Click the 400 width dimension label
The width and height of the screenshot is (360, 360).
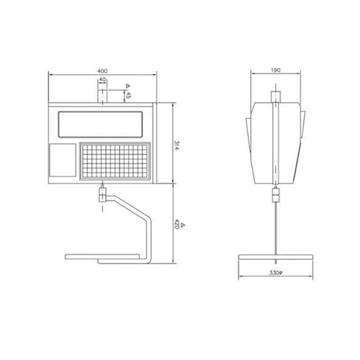pyautogui.click(x=102, y=71)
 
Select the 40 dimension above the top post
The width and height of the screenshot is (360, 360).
pyautogui.click(x=103, y=79)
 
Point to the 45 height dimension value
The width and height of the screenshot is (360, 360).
pyautogui.click(x=129, y=95)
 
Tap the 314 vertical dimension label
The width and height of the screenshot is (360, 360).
pyautogui.click(x=176, y=145)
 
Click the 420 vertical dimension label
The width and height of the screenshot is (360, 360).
pyautogui.click(x=177, y=224)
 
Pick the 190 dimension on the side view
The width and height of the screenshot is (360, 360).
pyautogui.click(x=275, y=70)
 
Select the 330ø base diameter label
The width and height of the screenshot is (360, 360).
pyautogui.click(x=276, y=273)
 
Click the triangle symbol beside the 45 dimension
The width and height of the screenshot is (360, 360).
pyautogui.click(x=129, y=86)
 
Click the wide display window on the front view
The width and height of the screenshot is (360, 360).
pyautogui.click(x=100, y=125)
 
